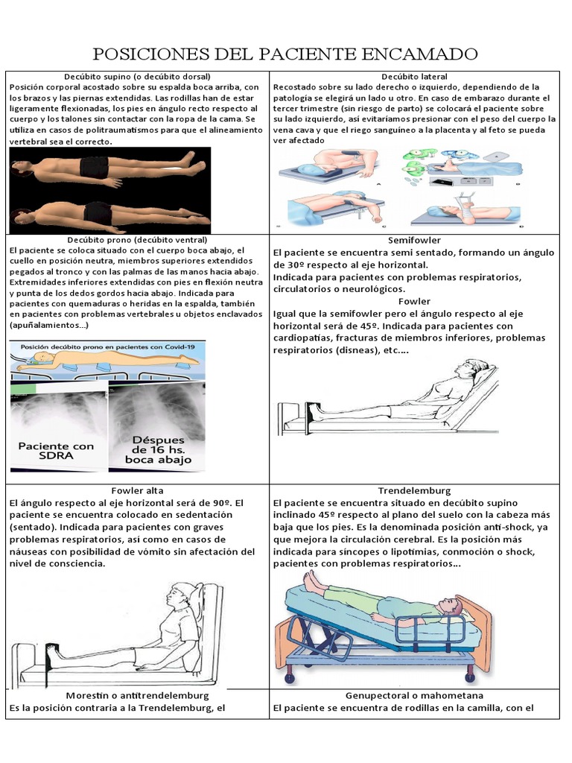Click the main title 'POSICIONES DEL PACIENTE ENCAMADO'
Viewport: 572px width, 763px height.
click(285, 54)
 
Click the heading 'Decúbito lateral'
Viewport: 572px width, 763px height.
click(414, 77)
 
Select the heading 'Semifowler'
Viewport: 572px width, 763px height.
click(414, 241)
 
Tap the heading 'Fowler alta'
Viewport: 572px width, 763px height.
click(136, 491)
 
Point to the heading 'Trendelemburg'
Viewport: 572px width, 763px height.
click(414, 491)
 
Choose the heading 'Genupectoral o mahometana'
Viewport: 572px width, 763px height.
click(414, 695)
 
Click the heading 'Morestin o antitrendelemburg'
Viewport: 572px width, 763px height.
click(137, 695)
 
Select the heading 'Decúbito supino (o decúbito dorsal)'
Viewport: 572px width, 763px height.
click(137, 77)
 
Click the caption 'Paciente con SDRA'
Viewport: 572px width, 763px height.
click(57, 452)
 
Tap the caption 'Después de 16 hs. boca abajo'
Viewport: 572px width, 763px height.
click(158, 449)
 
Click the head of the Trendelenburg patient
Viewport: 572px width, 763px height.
click(449, 605)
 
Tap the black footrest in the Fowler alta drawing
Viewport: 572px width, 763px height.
click(52, 654)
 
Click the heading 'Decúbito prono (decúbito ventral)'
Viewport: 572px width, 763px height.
click(137, 241)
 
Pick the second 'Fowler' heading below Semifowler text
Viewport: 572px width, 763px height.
click(414, 302)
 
